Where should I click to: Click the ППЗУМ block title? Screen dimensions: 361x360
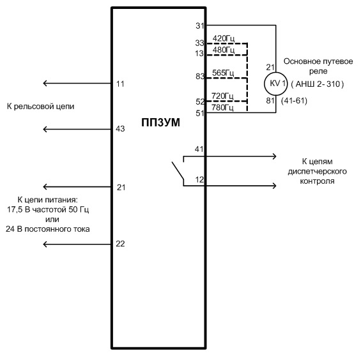160,123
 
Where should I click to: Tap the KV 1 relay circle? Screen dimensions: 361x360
275,84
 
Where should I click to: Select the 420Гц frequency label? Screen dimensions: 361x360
224,38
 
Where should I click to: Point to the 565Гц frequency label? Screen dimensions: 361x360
223,73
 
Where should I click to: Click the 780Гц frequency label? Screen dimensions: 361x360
222,107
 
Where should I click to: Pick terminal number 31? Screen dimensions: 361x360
200,26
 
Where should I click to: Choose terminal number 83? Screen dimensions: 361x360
200,76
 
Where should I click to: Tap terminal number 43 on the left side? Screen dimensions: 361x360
120,129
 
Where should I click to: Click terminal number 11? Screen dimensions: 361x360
120,84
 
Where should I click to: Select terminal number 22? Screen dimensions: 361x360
120,244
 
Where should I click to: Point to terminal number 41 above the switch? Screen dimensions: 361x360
199,149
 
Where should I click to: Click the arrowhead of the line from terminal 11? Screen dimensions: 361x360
45,83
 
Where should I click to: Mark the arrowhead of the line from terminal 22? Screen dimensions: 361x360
45,244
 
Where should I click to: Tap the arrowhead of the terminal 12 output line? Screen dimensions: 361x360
274,186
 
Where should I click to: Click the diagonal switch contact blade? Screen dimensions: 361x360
178,170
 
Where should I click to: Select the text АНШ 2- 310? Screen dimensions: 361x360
318,84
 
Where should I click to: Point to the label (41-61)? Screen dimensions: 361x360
295,101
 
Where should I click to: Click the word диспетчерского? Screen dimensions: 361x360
318,171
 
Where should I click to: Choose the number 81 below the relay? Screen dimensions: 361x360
270,101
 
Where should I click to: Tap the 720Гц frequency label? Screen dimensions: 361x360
222,96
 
